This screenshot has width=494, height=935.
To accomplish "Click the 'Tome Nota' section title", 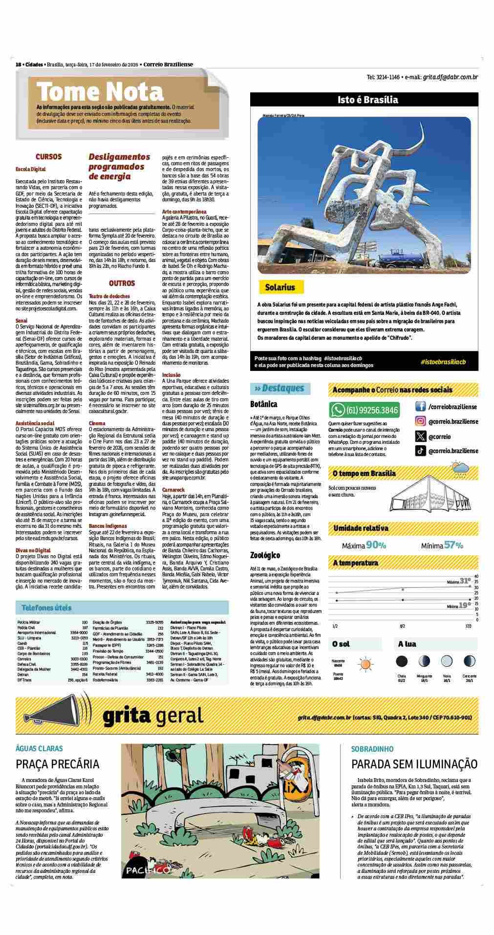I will (x=100, y=91).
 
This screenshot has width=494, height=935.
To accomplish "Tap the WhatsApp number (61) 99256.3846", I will (x=372, y=410).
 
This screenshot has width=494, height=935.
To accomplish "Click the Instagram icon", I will (x=420, y=421).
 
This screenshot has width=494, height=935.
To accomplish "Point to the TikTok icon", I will (x=420, y=451).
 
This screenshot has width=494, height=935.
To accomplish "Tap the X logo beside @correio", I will (x=420, y=436).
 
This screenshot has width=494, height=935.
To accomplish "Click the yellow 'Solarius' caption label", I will (x=280, y=287).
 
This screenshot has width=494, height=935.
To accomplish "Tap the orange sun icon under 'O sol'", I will (x=365, y=665).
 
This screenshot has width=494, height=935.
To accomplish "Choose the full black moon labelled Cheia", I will (x=401, y=661).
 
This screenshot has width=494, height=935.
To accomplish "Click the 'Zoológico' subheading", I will (x=265, y=555).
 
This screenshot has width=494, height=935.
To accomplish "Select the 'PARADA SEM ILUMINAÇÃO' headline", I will (x=414, y=764).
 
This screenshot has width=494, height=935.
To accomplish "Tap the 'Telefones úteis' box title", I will (x=46, y=608).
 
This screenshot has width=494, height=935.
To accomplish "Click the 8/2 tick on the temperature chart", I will (x=403, y=626).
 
